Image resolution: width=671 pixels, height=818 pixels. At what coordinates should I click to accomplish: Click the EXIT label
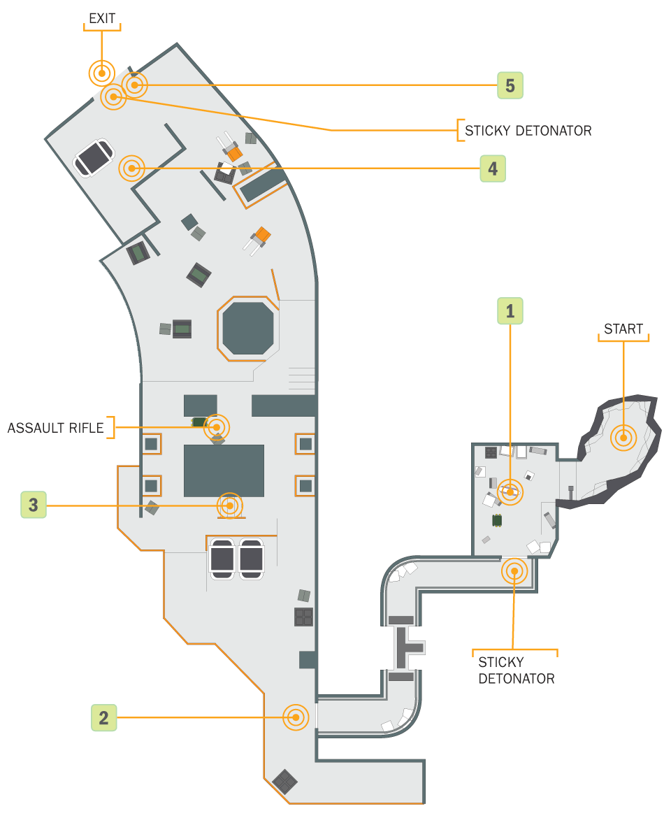102,19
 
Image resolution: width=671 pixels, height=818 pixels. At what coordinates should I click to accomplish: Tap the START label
623,329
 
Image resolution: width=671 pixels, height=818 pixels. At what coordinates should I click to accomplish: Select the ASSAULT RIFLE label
56,429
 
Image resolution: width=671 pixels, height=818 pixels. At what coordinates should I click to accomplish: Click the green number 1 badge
510,311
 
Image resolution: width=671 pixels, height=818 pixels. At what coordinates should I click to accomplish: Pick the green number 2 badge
103,718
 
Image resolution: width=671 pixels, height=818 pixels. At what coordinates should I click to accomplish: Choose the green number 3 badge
34,505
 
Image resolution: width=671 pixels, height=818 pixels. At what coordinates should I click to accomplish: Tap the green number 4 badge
493,168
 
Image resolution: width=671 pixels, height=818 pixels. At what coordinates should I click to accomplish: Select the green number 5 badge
510,85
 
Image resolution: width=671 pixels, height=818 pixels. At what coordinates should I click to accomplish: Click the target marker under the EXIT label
101,73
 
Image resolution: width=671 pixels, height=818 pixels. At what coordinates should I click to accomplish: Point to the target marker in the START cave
623,438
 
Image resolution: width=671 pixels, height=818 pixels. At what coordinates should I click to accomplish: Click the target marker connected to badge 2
296,717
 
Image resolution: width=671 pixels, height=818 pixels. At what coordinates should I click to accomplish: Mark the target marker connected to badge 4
132,168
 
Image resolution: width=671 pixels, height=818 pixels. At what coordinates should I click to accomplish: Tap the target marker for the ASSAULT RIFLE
217,427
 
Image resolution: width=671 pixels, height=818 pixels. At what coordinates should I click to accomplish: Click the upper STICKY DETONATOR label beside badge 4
528,131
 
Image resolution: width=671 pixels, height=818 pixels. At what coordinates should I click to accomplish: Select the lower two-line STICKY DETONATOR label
516,670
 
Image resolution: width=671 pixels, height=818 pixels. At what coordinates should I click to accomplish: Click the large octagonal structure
248,329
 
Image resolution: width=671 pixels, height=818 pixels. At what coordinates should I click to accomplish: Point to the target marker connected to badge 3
229,505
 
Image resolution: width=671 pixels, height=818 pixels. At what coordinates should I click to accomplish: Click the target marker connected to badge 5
135,85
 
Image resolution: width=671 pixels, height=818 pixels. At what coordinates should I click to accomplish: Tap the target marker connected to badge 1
510,491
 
